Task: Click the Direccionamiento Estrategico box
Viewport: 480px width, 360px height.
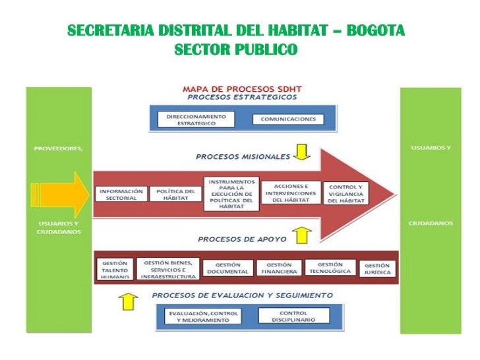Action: pos(196,119)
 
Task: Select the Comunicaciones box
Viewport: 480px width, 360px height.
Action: pos(288,119)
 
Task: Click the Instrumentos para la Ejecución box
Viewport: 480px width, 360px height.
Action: pos(231,193)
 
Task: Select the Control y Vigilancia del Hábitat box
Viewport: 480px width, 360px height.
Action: pos(349,193)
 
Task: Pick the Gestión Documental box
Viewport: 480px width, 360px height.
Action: pos(227,268)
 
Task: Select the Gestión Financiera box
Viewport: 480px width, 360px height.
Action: pos(279,268)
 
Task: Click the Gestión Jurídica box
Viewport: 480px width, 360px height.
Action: pos(378,268)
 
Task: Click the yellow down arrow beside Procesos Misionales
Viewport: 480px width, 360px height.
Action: pos(302,153)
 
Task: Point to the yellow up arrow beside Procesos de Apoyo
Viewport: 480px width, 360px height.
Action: pos(302,234)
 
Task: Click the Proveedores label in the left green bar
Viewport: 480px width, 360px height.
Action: pos(58,148)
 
